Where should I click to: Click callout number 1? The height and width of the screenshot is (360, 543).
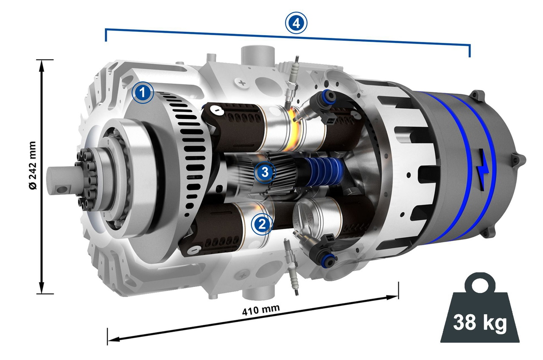point(143,93)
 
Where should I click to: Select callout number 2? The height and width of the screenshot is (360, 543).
point(262,224)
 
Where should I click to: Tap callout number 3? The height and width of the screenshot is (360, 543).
point(265,172)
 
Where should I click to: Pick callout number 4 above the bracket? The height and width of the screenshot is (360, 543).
point(296,23)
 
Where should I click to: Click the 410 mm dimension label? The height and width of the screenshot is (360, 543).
point(261,310)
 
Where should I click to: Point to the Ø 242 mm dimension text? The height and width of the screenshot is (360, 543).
point(33,166)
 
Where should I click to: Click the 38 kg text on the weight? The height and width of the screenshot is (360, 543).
point(480,322)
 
